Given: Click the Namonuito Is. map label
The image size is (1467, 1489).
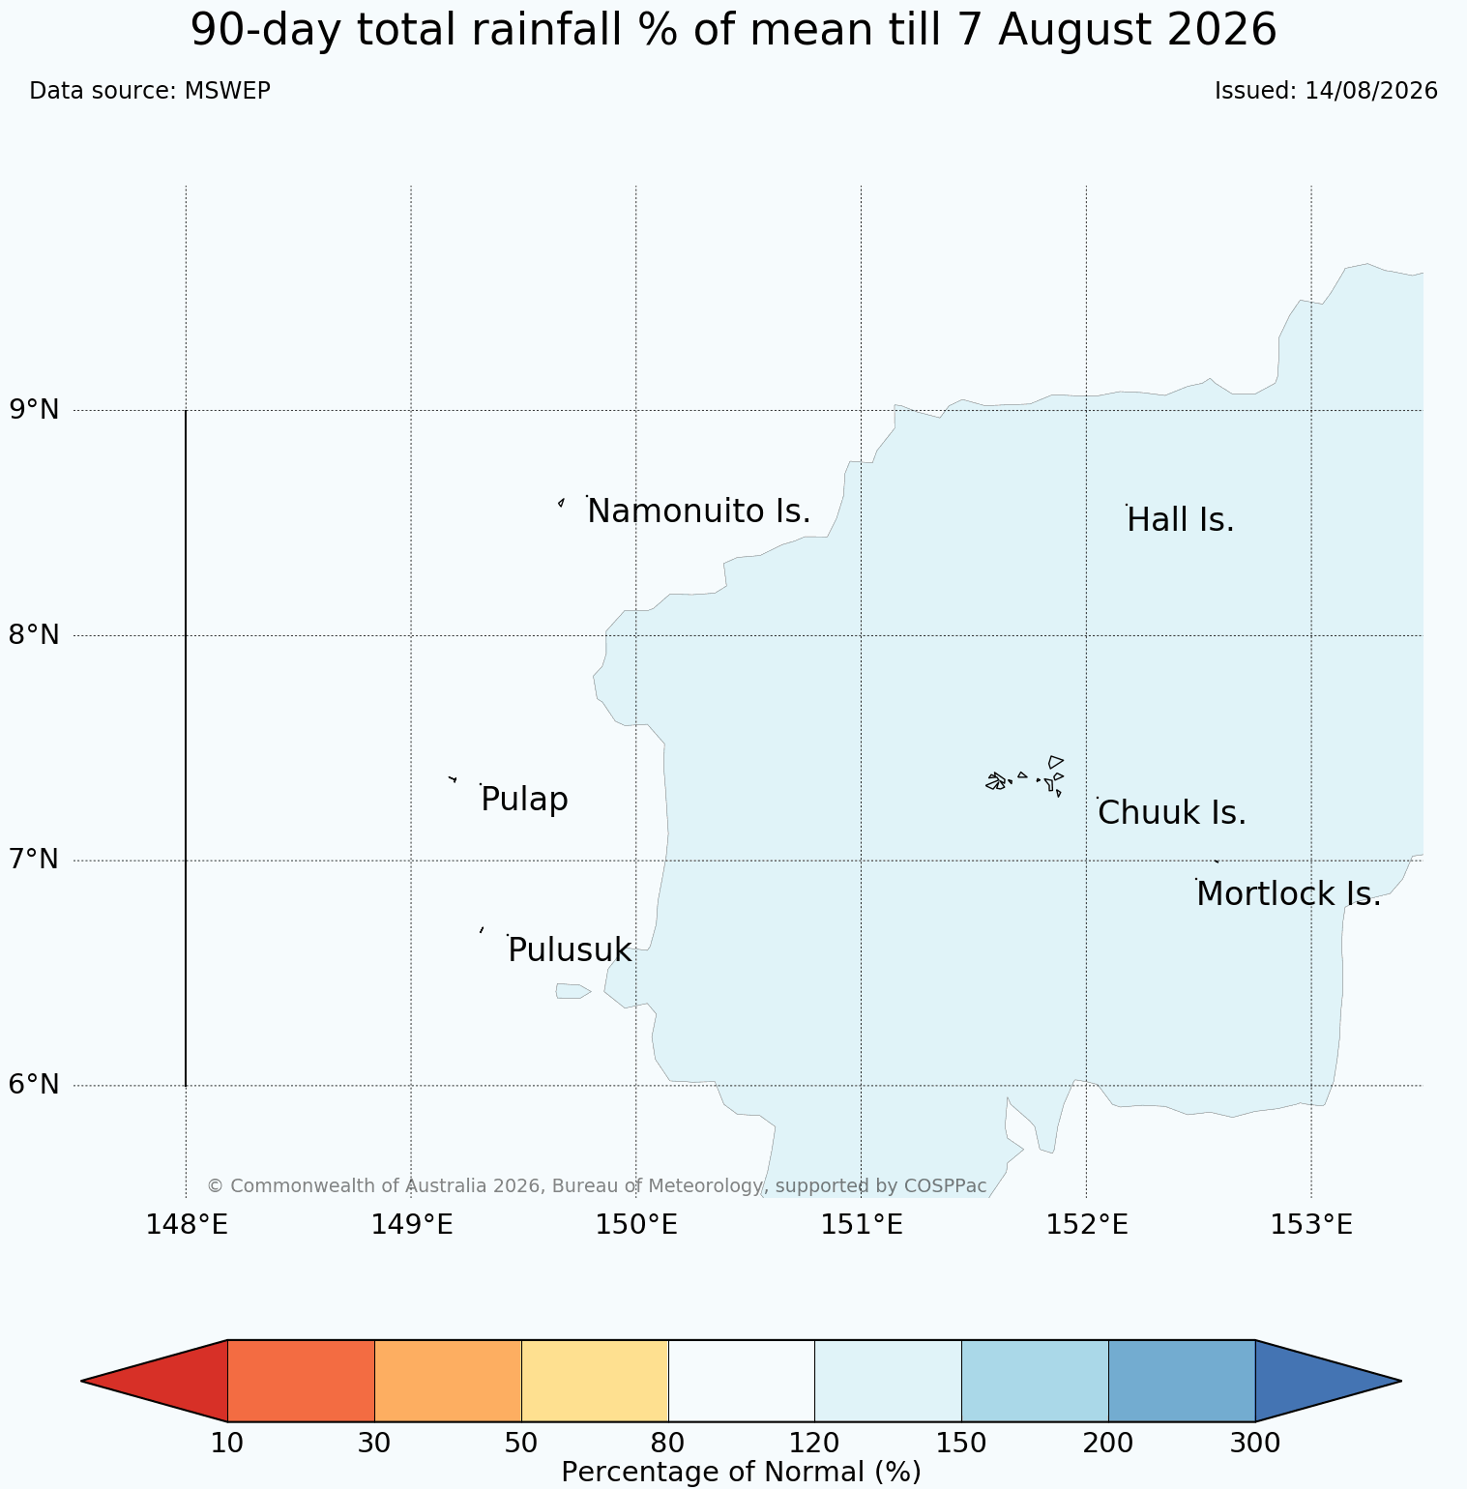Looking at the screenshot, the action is (699, 511).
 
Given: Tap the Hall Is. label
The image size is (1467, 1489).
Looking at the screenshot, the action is (1181, 520).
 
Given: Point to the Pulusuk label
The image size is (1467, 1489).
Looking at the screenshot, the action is (570, 950).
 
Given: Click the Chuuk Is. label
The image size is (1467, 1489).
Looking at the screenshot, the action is (1172, 813).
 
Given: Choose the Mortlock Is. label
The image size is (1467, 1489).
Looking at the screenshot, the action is (1288, 894).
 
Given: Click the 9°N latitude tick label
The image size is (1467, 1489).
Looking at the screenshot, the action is (35, 410).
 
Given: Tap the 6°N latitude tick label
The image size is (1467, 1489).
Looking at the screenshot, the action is (35, 1085).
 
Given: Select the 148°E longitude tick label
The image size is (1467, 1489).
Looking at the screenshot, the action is (187, 1225).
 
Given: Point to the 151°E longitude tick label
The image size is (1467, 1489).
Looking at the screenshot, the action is (862, 1225).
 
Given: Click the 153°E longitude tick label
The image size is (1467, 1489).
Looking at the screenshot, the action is (1311, 1225).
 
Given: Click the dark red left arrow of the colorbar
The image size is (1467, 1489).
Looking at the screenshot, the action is (155, 1381).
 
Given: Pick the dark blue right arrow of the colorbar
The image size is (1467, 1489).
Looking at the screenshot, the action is (1328, 1381).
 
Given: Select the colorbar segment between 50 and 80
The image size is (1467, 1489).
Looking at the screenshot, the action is (595, 1381).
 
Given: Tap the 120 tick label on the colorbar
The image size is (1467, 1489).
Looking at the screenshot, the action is (814, 1444).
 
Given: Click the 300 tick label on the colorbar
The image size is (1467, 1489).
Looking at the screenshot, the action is (1255, 1444).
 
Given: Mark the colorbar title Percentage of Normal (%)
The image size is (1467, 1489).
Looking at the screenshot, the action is (741, 1472).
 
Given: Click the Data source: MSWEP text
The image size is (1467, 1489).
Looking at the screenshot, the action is (150, 91).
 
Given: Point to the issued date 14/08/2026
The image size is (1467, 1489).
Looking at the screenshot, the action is (1371, 91).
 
